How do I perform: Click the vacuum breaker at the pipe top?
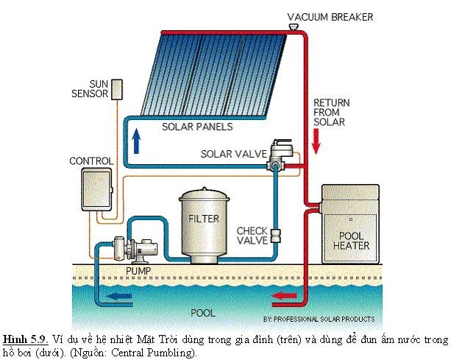(x=294, y=27)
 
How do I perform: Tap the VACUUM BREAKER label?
(x=330, y=16)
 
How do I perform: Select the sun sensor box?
(x=117, y=88)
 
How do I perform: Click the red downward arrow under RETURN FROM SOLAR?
(x=316, y=140)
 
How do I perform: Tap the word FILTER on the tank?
(x=204, y=219)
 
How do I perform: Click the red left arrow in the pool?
(x=283, y=297)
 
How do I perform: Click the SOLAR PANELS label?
(x=196, y=127)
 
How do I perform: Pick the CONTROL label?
(x=91, y=160)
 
